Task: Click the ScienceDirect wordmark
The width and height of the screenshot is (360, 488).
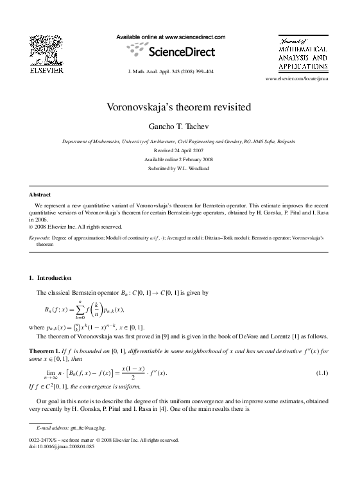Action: click(x=181, y=51)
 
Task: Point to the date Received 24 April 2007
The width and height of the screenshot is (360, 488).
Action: click(x=180, y=150)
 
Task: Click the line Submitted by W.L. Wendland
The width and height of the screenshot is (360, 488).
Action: click(x=180, y=168)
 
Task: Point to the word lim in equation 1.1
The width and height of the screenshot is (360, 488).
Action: click(x=51, y=372)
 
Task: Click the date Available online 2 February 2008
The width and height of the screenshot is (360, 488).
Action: click(x=179, y=159)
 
